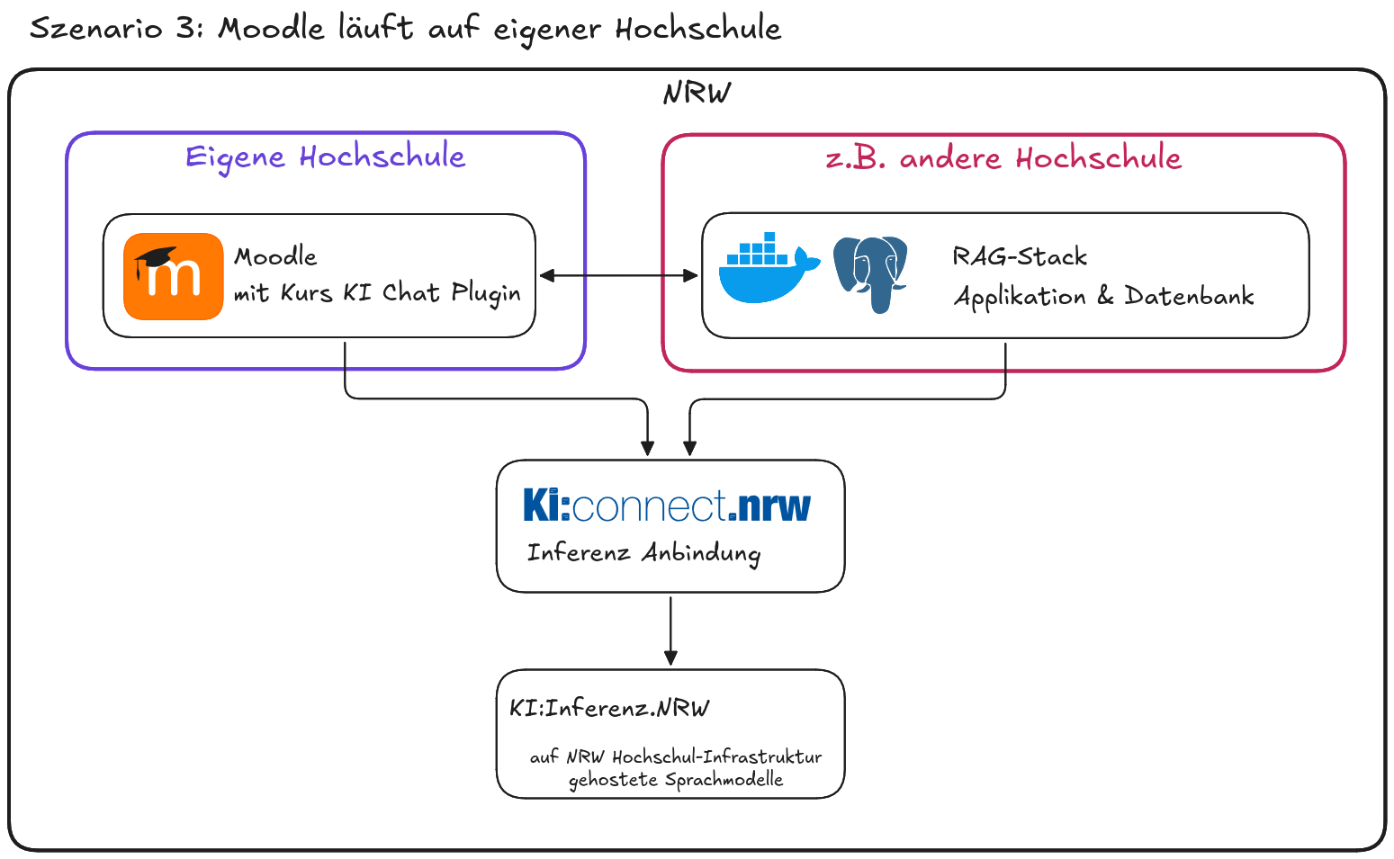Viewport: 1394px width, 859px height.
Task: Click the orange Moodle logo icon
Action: (x=173, y=276)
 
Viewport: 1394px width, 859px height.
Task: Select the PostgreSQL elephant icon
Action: (x=870, y=273)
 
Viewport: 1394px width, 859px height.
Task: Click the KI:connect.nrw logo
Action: (x=667, y=506)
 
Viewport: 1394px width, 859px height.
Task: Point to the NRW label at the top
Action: (x=697, y=93)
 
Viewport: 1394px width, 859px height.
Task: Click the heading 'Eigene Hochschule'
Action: (x=325, y=157)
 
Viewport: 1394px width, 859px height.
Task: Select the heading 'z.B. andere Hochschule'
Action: (x=1003, y=158)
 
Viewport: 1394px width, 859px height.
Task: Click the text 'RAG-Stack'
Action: (x=1020, y=257)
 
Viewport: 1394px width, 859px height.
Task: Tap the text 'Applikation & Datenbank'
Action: (x=1103, y=296)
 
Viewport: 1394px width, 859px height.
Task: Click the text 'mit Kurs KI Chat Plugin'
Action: (x=377, y=293)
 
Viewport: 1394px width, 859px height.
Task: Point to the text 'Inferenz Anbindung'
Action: (x=643, y=552)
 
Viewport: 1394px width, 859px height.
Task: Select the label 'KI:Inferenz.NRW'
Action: (x=609, y=708)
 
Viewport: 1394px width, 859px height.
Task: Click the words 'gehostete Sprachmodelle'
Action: (x=676, y=780)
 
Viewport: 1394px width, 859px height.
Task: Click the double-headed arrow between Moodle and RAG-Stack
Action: (x=618, y=275)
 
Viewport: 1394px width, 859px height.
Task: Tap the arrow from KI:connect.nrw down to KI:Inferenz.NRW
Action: (x=670, y=630)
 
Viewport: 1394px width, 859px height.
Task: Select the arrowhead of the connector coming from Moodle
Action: (x=647, y=447)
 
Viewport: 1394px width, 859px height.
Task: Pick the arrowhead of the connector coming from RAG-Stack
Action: (x=689, y=447)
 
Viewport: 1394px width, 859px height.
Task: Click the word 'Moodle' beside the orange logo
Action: (x=275, y=256)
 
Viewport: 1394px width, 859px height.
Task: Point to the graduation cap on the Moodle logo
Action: (x=155, y=259)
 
